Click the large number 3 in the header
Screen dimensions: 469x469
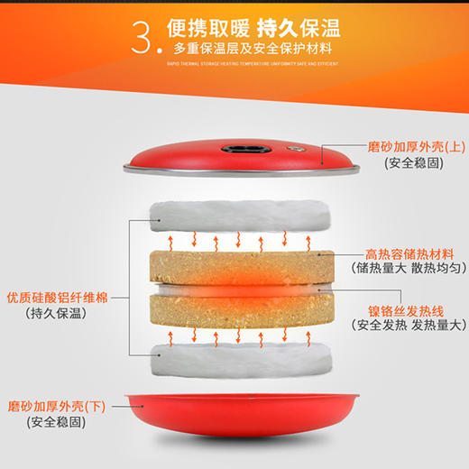(x=144, y=37)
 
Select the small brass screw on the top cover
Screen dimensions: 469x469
(x=290, y=147)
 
